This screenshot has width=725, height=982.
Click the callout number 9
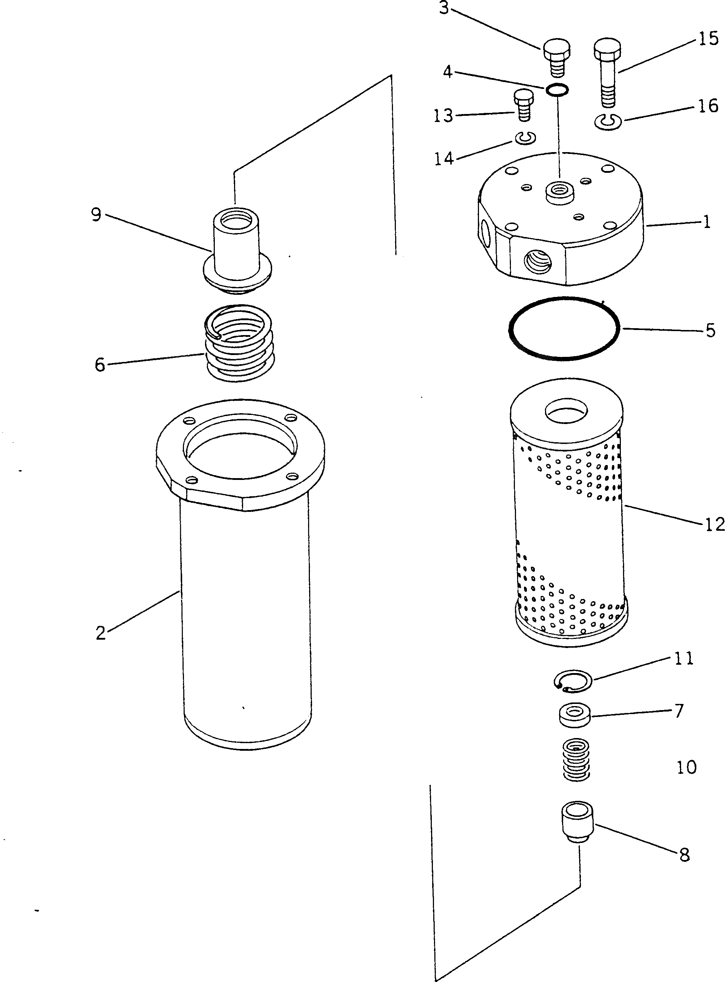click(x=96, y=215)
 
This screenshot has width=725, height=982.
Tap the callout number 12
click(x=714, y=524)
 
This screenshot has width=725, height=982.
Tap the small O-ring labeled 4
click(x=557, y=90)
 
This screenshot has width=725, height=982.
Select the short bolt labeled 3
click(x=557, y=57)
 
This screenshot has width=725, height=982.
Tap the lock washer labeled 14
click(x=525, y=139)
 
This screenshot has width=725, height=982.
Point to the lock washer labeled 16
click(x=608, y=122)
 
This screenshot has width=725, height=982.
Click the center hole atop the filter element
click(x=566, y=411)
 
